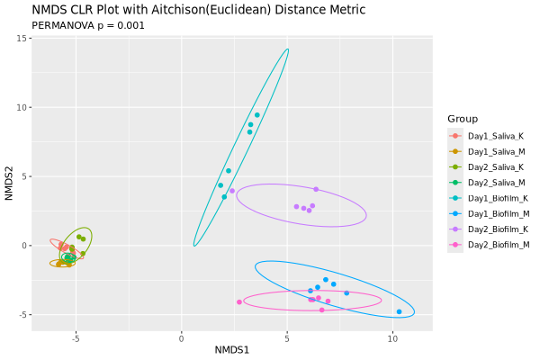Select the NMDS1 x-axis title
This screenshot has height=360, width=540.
pos(232,348)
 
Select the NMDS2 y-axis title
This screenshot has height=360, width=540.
pos(10,184)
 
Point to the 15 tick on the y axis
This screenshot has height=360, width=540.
pos(20,39)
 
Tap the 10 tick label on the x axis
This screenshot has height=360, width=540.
pos(392,338)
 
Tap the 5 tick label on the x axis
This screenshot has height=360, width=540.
pos(287,338)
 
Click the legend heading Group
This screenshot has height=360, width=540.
pos(462,119)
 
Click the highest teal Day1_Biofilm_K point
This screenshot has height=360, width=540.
pos(256,115)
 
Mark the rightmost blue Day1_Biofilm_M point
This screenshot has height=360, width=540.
pos(399,311)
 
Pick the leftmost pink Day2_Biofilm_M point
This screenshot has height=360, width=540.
pos(238,302)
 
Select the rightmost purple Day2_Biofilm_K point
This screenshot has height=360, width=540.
pos(316,189)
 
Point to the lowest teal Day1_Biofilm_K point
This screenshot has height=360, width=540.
pos(224,196)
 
